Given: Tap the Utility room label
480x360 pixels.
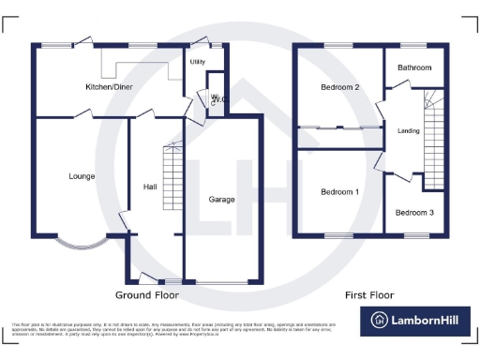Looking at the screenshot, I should click(x=198, y=63).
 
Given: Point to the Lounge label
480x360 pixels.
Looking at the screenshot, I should click(x=82, y=176).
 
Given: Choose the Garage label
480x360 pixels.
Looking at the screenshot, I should click(x=222, y=200).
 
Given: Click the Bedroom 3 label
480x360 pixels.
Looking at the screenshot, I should click(x=413, y=213).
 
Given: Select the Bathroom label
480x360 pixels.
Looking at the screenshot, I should click(x=413, y=68).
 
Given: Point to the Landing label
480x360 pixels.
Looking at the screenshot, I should click(x=409, y=131).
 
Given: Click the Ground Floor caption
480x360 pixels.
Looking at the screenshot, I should click(x=146, y=294).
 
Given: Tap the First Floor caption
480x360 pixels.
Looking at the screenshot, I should click(x=369, y=294).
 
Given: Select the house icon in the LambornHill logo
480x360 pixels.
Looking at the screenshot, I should click(x=381, y=321).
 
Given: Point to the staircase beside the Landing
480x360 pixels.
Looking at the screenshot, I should click(x=433, y=141).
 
